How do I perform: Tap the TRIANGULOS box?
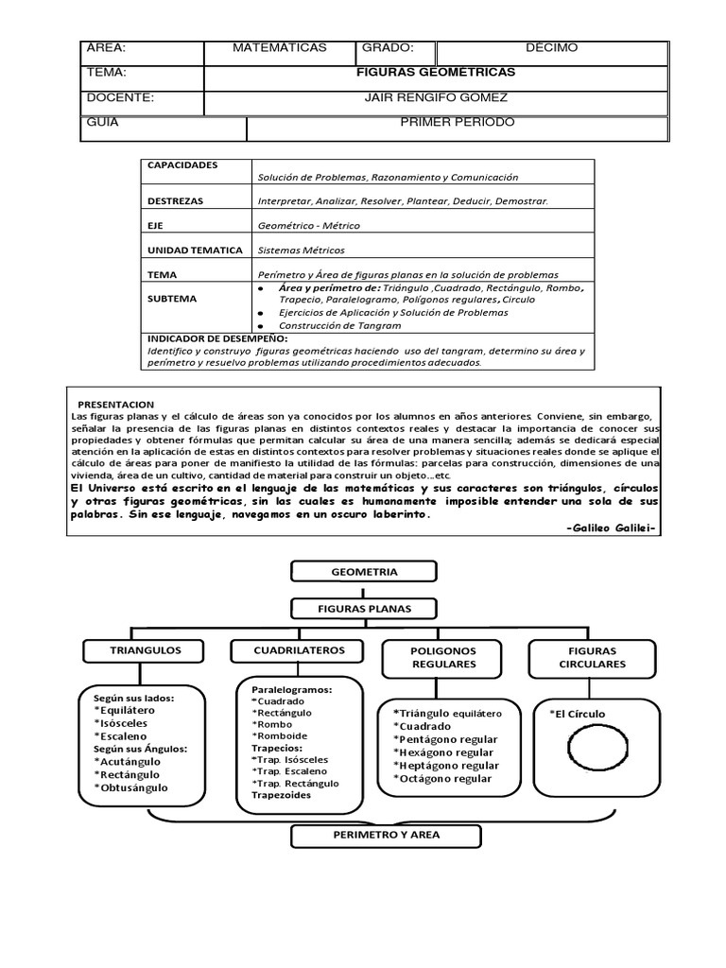pyautogui.click(x=146, y=651)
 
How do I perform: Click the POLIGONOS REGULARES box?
pyautogui.click(x=443, y=658)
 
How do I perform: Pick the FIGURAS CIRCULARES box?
pyautogui.click(x=592, y=658)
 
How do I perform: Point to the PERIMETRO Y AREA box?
pyautogui.click(x=365, y=836)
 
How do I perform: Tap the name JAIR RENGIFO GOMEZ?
pyautogui.click(x=436, y=97)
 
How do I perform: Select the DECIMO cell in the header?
pyautogui.click(x=552, y=48)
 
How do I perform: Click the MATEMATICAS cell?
pyautogui.click(x=280, y=48)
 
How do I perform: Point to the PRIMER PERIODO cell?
pyautogui.click(x=458, y=123)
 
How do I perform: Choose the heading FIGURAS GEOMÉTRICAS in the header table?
pyautogui.click(x=436, y=73)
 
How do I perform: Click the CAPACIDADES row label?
pyautogui.click(x=182, y=165)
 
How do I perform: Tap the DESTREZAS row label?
pyautogui.click(x=176, y=201)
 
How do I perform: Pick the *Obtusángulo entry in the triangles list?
pyautogui.click(x=131, y=787)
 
